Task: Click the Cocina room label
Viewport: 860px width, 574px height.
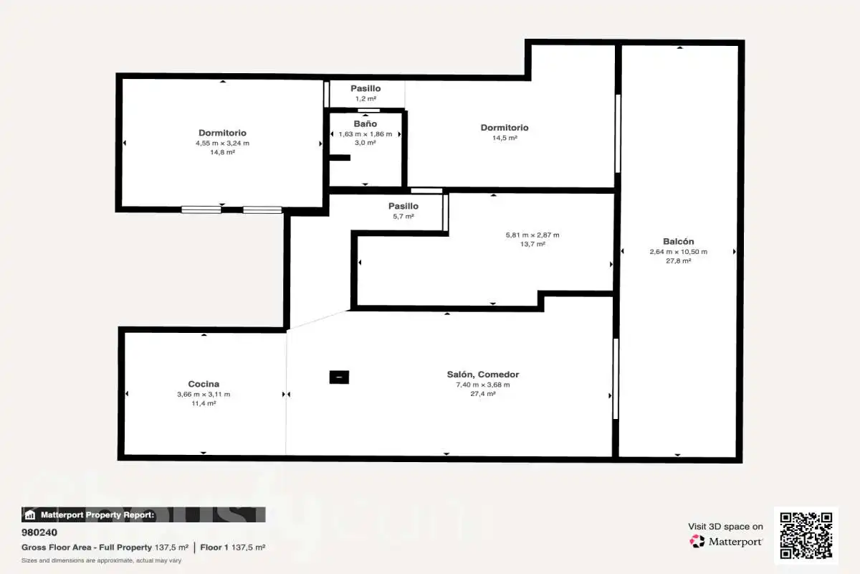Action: click(x=204, y=384)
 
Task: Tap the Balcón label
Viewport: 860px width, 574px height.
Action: click(x=679, y=242)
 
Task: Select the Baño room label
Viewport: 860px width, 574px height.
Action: click(x=365, y=123)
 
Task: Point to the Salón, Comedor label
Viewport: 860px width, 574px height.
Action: click(x=482, y=375)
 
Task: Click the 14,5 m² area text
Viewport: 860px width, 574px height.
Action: click(x=505, y=138)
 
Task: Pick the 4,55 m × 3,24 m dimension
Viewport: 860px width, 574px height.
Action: click(x=222, y=143)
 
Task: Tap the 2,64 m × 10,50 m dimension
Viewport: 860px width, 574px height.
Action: click(x=679, y=252)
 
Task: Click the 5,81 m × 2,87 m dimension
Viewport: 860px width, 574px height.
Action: click(x=532, y=235)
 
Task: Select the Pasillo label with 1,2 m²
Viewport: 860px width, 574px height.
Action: click(x=365, y=88)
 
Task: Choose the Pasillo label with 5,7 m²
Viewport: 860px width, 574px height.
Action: click(x=403, y=206)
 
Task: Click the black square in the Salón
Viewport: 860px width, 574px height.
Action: click(x=339, y=377)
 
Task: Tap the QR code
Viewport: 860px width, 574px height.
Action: click(x=806, y=535)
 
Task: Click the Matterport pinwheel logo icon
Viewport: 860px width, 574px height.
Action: click(x=697, y=541)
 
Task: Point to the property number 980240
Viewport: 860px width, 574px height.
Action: click(x=39, y=532)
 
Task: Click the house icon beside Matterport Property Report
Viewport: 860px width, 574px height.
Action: click(x=30, y=514)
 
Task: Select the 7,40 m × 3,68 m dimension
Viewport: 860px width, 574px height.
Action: click(x=482, y=385)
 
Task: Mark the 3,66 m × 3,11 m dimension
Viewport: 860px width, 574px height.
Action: click(x=204, y=395)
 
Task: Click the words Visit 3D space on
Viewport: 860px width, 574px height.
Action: click(x=725, y=527)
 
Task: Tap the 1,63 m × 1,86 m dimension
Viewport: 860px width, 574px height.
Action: click(x=365, y=134)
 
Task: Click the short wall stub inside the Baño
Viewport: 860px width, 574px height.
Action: click(x=340, y=158)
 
